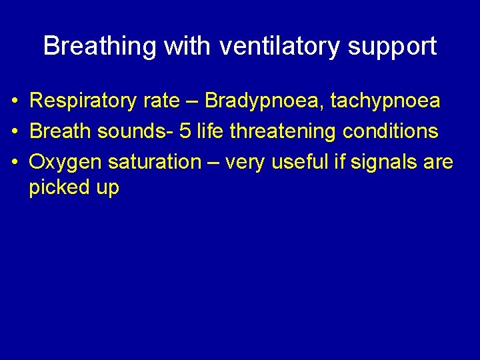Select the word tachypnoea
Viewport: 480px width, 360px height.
(386, 101)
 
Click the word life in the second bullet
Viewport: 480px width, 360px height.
(213, 131)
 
